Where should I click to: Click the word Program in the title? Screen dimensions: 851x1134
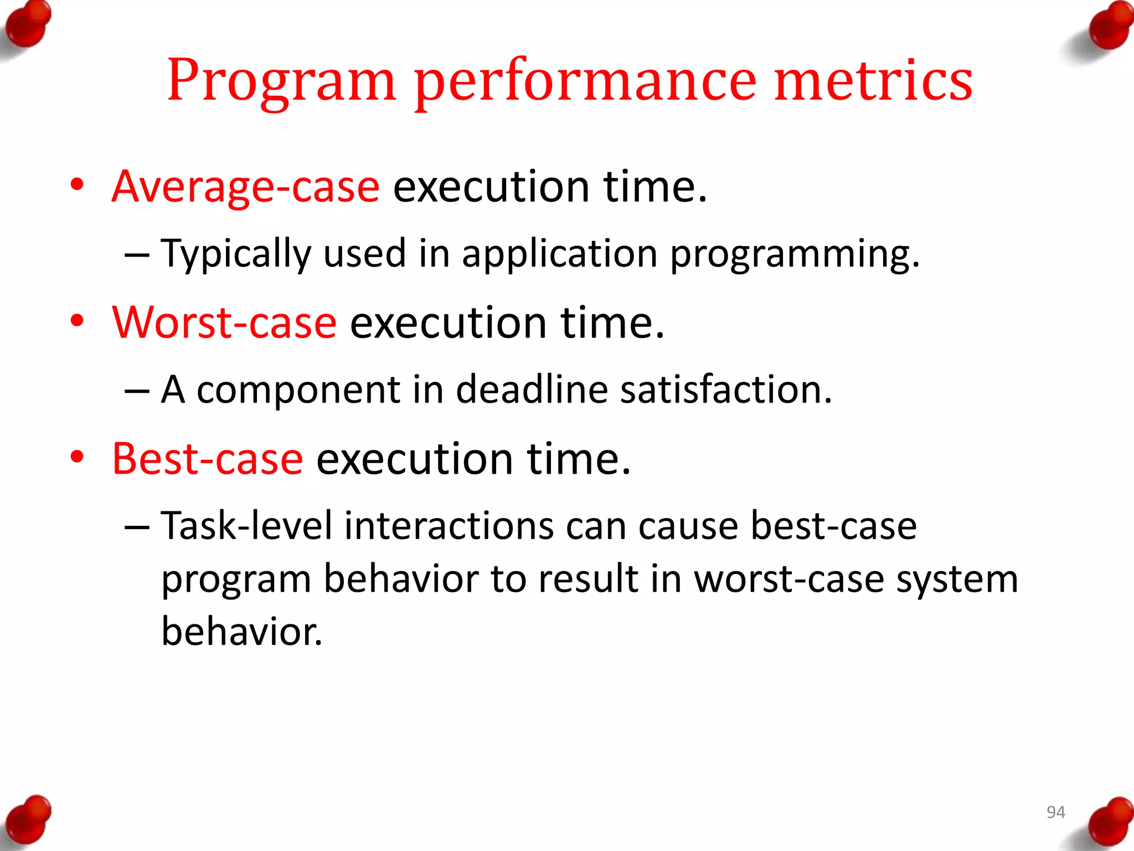tap(281, 81)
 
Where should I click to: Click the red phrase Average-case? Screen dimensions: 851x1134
tap(245, 187)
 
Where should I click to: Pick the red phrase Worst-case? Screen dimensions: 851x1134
tap(224, 323)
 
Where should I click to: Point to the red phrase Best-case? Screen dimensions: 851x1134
tap(208, 459)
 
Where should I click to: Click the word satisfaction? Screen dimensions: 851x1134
tap(725, 389)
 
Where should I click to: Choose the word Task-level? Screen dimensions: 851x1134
tap(247, 526)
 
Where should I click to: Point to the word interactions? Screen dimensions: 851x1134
tap(449, 526)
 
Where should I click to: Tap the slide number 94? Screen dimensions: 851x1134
tap(1055, 812)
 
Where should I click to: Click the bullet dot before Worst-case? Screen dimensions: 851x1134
tap(78, 321)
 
